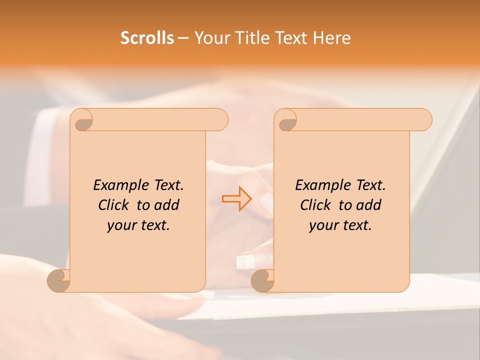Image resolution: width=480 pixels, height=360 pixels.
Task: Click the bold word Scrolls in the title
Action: click(147, 38)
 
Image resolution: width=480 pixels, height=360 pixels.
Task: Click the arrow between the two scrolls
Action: click(237, 198)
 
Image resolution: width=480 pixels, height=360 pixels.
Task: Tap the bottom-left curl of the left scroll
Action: click(59, 280)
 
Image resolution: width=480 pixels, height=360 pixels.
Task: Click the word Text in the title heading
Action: click(291, 38)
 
